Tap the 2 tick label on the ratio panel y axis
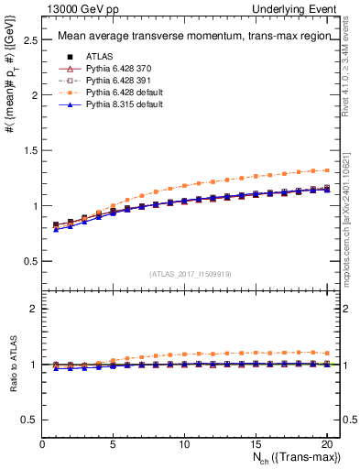pyautogui.click(x=34, y=309)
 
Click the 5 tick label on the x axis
pyautogui.click(x=114, y=444)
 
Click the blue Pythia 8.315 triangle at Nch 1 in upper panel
pyautogui.click(x=57, y=229)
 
